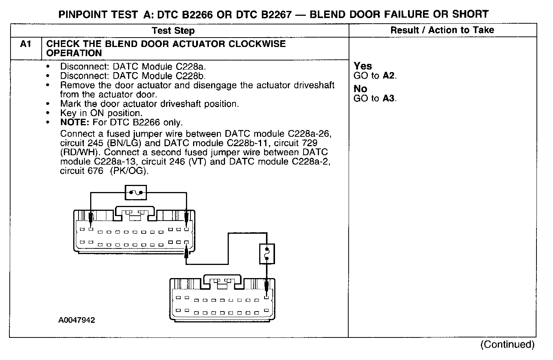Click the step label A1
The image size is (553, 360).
(25, 44)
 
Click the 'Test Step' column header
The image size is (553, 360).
(173, 30)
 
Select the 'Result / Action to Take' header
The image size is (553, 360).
(442, 30)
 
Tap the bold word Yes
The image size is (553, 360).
(363, 66)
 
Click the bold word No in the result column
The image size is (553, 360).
(360, 89)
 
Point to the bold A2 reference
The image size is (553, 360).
(389, 76)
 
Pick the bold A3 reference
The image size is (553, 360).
(389, 98)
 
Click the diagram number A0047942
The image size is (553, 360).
(77, 320)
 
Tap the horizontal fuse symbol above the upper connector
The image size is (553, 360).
(135, 193)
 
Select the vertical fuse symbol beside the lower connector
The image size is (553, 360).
(267, 254)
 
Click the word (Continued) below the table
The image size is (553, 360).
(507, 344)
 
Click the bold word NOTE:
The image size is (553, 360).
(77, 123)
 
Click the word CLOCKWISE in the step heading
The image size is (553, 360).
(257, 44)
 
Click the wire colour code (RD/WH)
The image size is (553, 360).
(80, 153)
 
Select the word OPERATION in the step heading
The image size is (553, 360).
(74, 53)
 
